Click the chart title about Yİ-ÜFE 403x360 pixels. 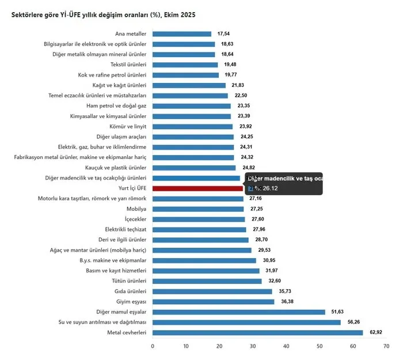pyautogui.click(x=103, y=14)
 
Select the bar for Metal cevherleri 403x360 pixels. pyautogui.click(x=257, y=333)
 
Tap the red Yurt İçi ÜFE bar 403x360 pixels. pyautogui.click(x=197, y=188)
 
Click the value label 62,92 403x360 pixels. pyautogui.click(x=376, y=333)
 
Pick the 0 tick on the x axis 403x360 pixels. pyautogui.click(x=153, y=346)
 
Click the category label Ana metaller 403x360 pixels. pyautogui.click(x=131, y=34)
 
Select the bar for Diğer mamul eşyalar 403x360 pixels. pyautogui.click(x=238, y=312)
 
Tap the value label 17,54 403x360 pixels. pyautogui.click(x=222, y=34)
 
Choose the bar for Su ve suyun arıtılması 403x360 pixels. pyautogui.click(x=246, y=323)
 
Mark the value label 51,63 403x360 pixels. pyautogui.click(x=337, y=312)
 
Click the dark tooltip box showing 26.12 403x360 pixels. pyautogui.click(x=284, y=183)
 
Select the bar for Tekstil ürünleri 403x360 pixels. pyautogui.click(x=185, y=65)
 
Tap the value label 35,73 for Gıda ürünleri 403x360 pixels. pyautogui.click(x=284, y=291)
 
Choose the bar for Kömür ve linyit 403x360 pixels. pyautogui.click(x=192, y=127)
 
